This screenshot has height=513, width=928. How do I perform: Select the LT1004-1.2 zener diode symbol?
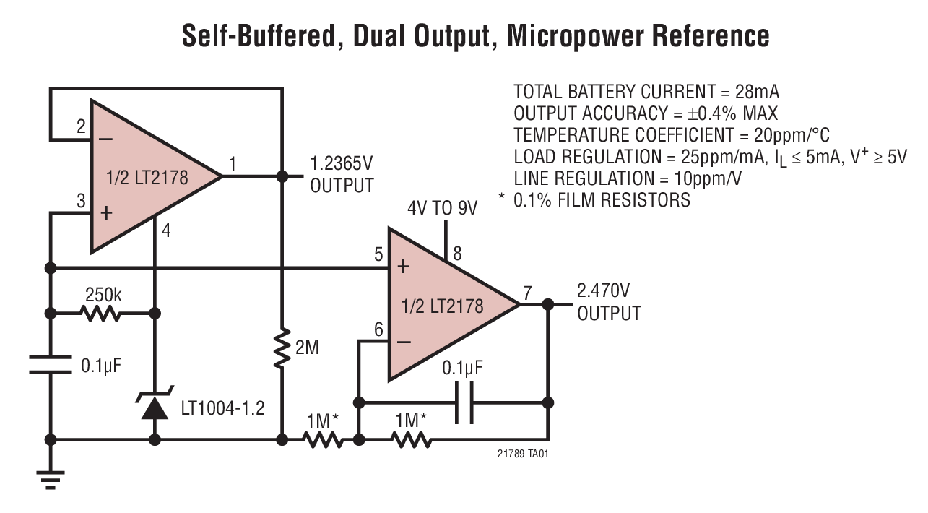(154, 405)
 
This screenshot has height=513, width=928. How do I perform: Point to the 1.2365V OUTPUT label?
(342, 174)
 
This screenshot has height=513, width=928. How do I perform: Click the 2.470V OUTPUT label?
(608, 303)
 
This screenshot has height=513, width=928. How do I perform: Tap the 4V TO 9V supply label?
(443, 208)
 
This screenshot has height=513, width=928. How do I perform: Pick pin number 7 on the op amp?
(527, 293)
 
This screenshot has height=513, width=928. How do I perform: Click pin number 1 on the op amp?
(232, 164)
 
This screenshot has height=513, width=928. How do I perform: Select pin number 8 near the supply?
(457, 254)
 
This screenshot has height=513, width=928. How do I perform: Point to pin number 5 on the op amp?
(378, 254)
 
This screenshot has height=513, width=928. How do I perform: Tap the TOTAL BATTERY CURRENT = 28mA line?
(646, 92)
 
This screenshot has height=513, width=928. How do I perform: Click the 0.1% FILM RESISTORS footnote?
(601, 200)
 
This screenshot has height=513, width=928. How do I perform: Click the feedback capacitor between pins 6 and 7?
(464, 402)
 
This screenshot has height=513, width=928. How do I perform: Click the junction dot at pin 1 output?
(282, 176)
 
